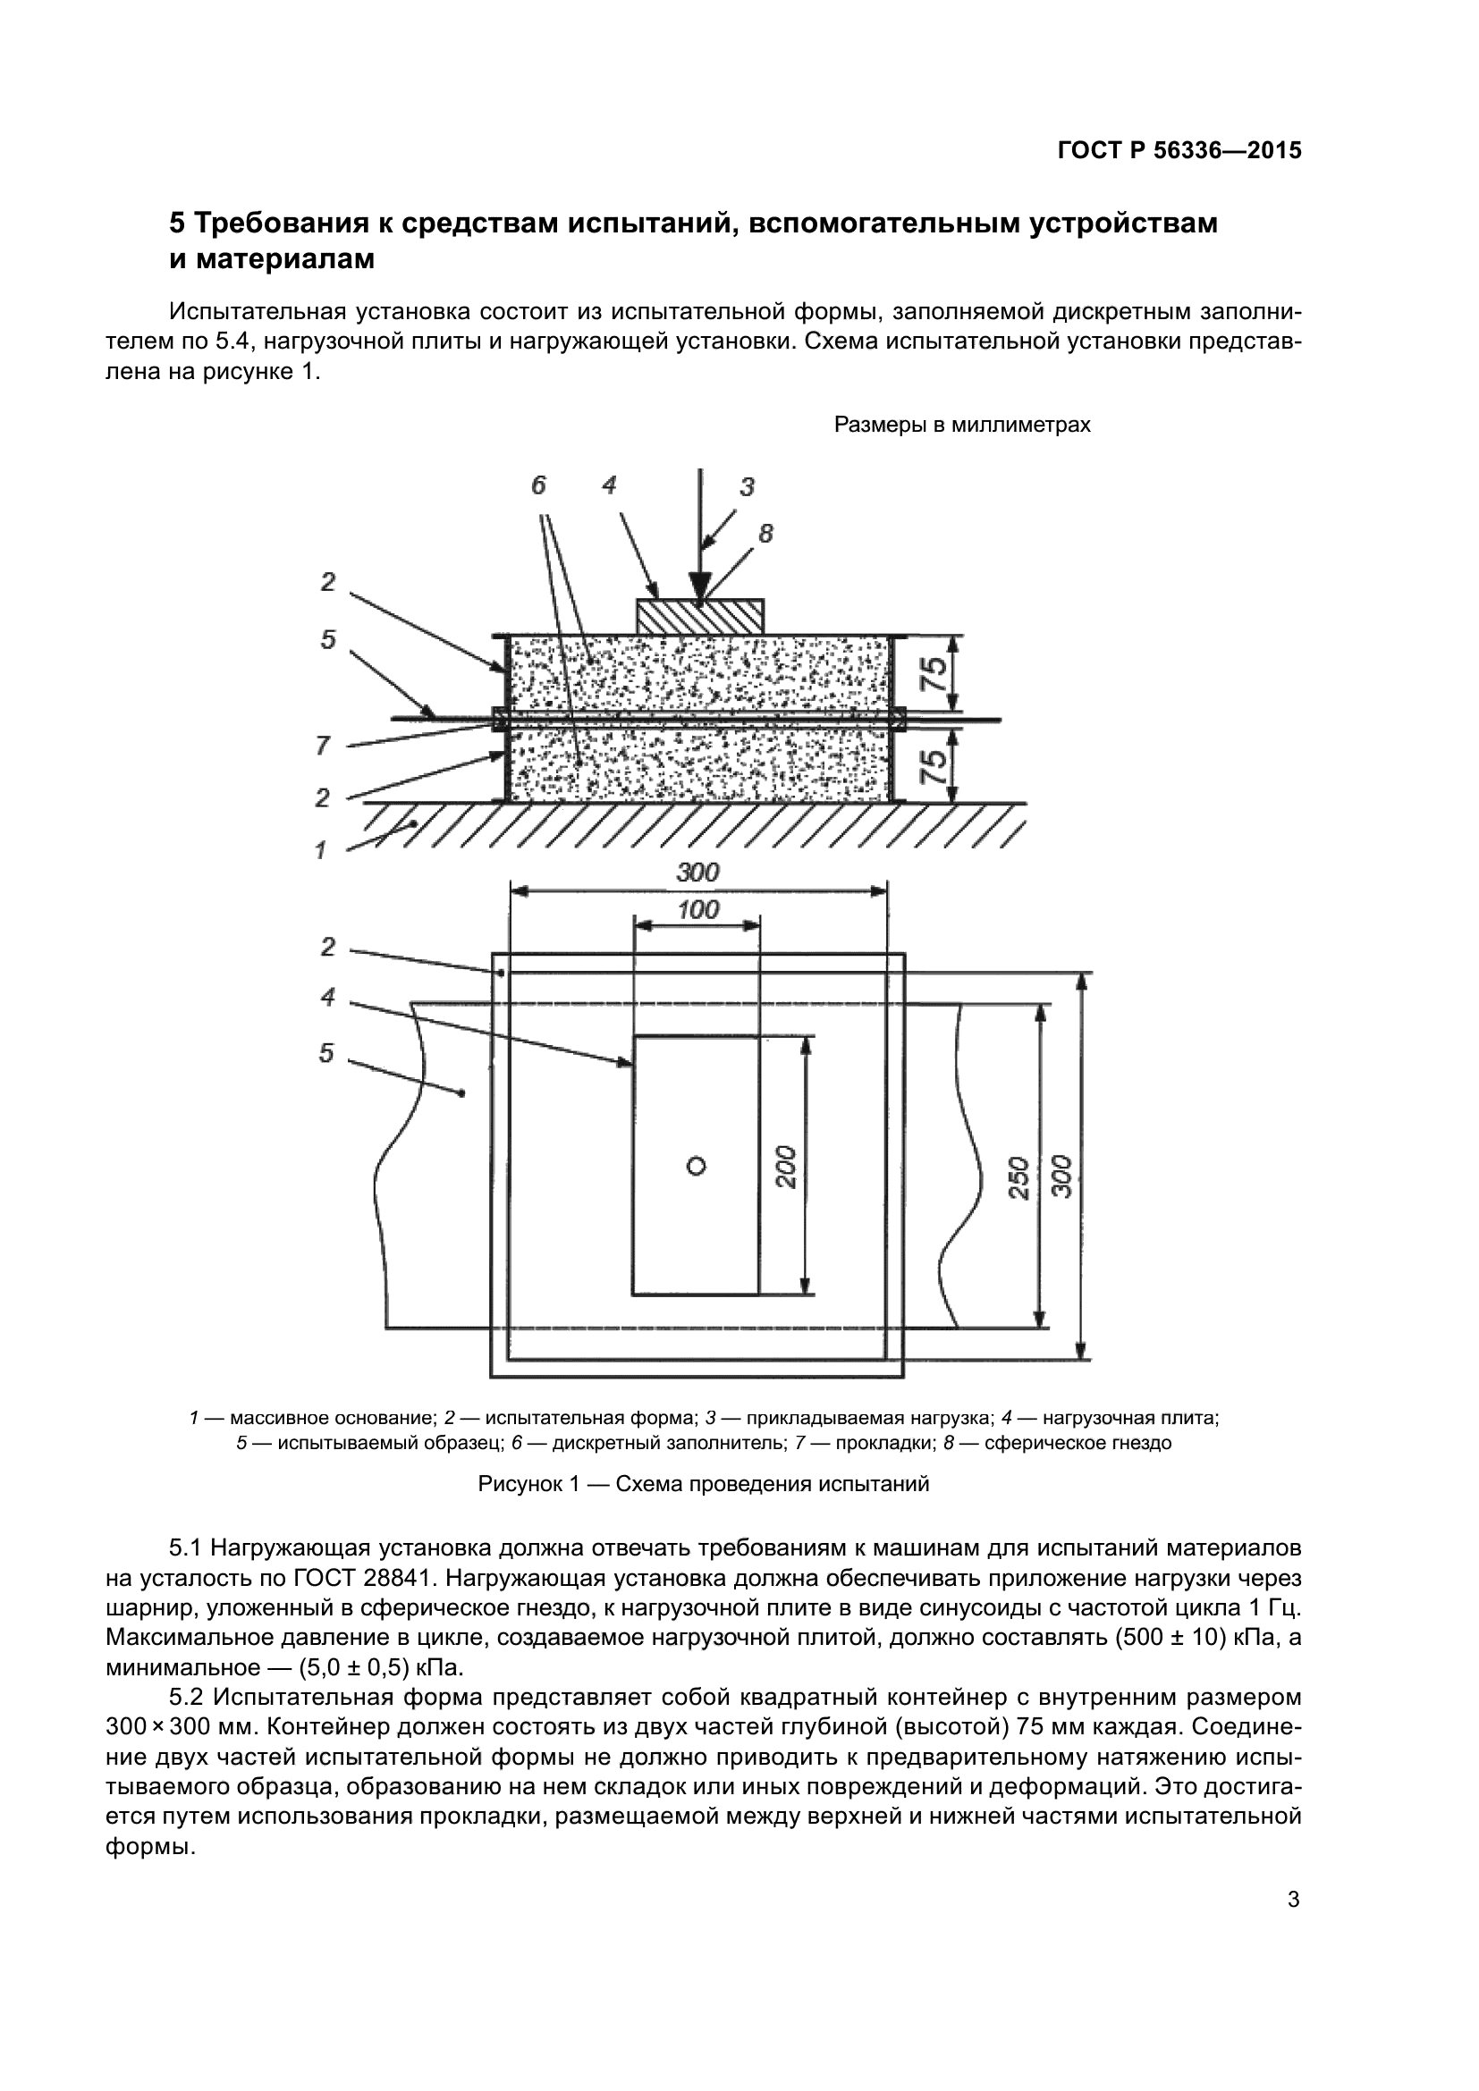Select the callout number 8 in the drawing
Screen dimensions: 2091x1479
[x=766, y=535]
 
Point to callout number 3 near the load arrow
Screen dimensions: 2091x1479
[x=747, y=487]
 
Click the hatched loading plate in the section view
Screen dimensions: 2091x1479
[x=699, y=617]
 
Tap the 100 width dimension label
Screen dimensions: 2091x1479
[x=698, y=910]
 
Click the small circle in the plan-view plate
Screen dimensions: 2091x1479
[x=697, y=1166]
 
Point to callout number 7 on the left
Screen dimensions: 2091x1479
[x=323, y=746]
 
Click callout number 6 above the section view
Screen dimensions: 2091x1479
[x=538, y=486]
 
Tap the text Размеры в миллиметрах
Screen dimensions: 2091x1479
[x=962, y=426]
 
